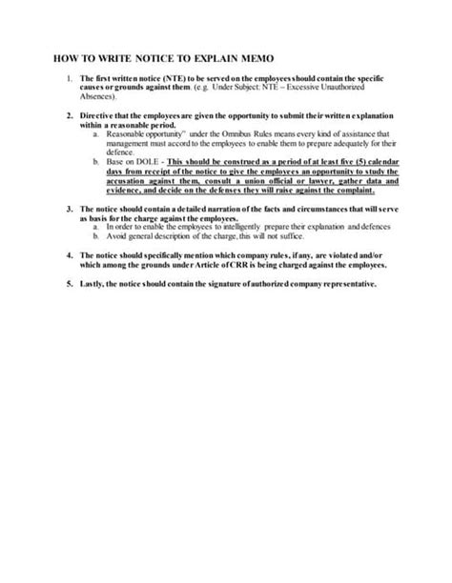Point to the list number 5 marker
(70, 284)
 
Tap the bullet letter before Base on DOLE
(96, 162)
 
